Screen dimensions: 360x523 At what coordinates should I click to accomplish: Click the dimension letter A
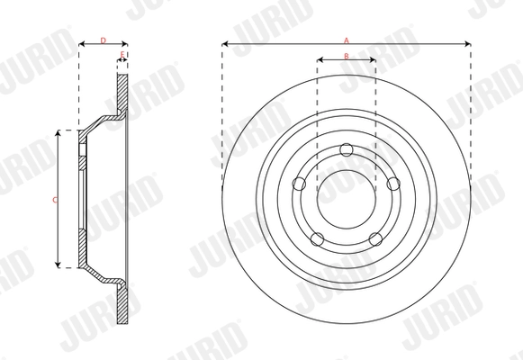347,39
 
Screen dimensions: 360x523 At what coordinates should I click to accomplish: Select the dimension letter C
56,198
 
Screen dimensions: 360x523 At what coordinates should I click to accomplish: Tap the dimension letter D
103,39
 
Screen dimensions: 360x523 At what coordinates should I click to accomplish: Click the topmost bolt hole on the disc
347,150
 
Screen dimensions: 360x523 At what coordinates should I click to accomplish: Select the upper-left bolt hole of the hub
301,184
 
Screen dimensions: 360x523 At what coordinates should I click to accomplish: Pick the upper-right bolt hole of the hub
392,184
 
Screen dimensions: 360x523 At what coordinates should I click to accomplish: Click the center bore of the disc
347,198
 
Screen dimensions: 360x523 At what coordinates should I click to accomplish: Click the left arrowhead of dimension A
226,44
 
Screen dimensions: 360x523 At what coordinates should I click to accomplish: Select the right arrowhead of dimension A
467,44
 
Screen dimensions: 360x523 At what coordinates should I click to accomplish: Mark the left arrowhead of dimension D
83,44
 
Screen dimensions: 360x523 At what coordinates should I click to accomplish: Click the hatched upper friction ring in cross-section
122,90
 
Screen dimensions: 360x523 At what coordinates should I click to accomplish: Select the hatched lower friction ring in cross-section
122,306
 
